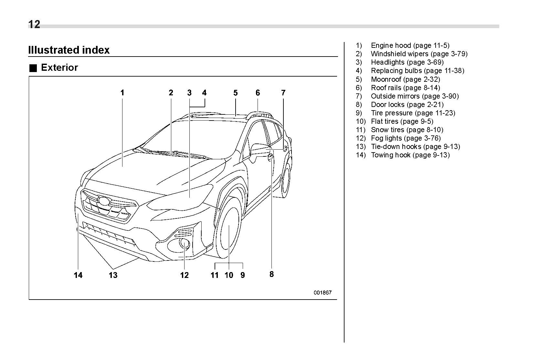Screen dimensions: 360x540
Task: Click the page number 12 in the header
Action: click(34, 25)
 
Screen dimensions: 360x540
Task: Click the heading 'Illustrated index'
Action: click(69, 50)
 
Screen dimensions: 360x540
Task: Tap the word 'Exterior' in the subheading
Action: click(59, 68)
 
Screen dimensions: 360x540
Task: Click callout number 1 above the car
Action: click(122, 93)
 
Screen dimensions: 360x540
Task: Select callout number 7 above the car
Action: click(283, 93)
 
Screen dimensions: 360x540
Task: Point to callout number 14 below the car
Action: click(78, 275)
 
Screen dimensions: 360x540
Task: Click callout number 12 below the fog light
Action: click(184, 275)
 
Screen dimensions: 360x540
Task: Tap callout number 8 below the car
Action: click(271, 274)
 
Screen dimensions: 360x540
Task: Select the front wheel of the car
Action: click(228, 228)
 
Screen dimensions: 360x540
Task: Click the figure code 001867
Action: click(322, 293)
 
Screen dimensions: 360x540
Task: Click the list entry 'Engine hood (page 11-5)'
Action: click(410, 46)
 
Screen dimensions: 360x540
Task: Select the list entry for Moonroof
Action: click(405, 79)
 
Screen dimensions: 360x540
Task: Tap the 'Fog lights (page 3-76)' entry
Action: click(406, 138)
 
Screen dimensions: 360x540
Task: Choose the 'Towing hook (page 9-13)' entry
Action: click(410, 155)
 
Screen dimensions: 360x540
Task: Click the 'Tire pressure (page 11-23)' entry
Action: click(413, 113)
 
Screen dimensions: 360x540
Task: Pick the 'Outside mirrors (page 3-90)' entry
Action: click(415, 96)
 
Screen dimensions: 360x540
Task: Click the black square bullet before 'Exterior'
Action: click(33, 68)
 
